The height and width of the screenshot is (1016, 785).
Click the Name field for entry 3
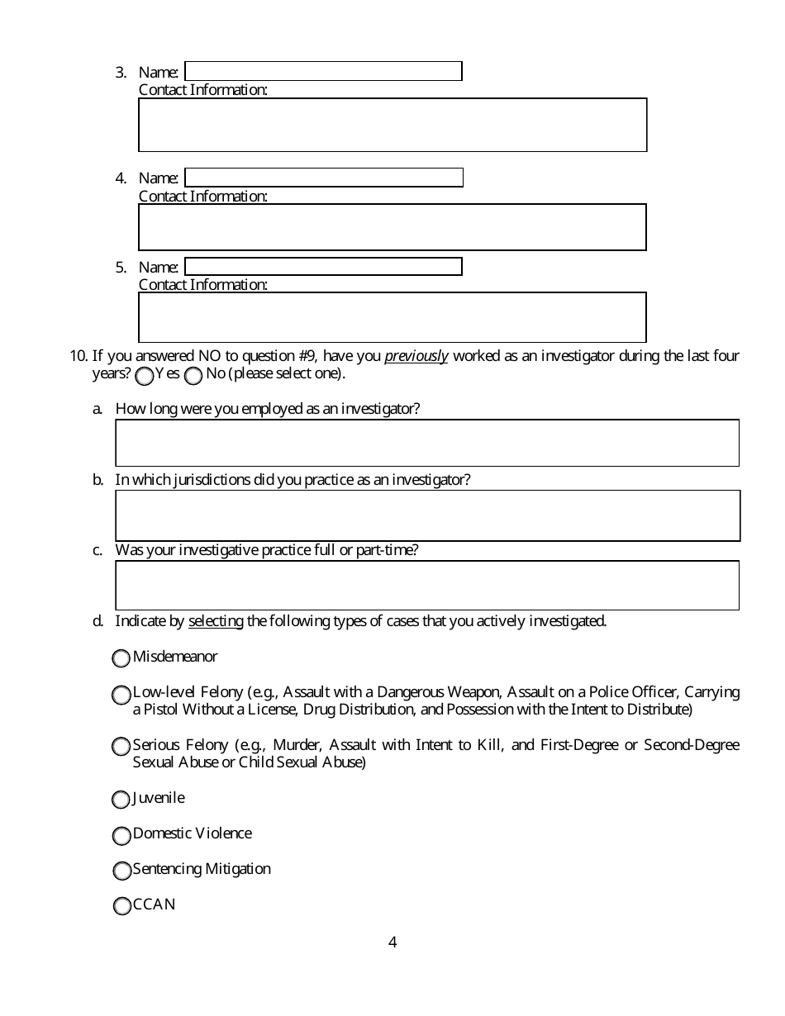[323, 71]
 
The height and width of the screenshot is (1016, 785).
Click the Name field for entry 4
[323, 178]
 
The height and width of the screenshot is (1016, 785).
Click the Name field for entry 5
[323, 267]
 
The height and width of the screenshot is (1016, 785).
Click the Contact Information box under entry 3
[392, 125]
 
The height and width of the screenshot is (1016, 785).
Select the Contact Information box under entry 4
[392, 227]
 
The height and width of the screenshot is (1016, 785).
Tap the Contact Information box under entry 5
[392, 317]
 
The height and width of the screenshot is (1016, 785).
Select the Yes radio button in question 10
[145, 377]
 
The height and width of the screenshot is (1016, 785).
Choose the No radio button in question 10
[193, 377]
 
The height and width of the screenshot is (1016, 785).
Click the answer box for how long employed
[427, 443]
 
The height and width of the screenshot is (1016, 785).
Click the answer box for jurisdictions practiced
[427, 515]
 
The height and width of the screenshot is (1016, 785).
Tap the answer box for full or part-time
[427, 586]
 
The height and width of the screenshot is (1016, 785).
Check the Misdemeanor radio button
[121, 658]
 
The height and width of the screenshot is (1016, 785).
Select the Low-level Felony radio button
[121, 695]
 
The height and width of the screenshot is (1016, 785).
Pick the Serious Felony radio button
[121, 747]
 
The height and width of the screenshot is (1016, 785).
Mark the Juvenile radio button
[121, 800]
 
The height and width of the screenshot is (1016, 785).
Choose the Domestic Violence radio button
[121, 836]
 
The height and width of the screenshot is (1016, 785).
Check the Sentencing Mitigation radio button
[121, 871]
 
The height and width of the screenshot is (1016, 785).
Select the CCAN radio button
[121, 906]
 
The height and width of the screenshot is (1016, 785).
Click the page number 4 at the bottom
[392, 942]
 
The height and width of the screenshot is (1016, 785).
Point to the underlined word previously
[416, 357]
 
